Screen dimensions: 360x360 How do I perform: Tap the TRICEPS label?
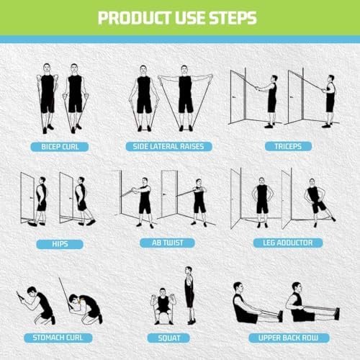282,146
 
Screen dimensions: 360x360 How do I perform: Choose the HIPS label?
60,243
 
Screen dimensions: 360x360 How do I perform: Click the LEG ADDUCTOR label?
283,243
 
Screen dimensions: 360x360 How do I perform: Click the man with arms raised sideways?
185,97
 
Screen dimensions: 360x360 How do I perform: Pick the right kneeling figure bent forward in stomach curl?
89,307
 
